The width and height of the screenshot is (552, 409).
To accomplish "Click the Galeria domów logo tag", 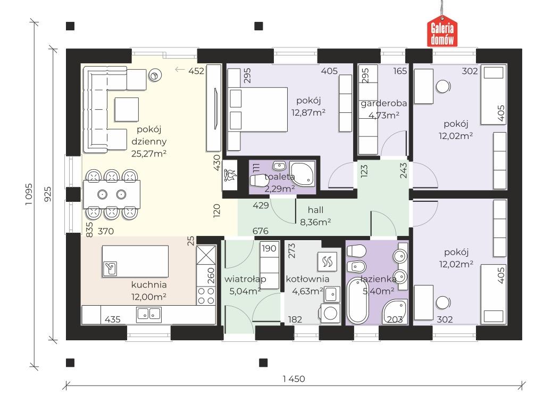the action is [x=442, y=32].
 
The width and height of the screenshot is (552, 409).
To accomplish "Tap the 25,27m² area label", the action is [x=149, y=153].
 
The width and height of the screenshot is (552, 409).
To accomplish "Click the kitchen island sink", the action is [x=110, y=268].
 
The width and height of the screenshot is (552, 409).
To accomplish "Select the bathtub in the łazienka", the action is [x=358, y=300].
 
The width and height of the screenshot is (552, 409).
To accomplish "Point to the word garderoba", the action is [x=384, y=103].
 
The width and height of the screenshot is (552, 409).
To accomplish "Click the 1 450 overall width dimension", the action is [x=294, y=379].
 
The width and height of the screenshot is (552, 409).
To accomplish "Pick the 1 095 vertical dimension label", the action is [x=29, y=194].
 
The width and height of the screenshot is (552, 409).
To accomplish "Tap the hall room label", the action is [x=315, y=210].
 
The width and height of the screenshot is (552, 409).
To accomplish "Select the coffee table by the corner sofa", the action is [x=127, y=110].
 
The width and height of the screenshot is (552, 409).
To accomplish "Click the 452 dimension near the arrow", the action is [x=196, y=71].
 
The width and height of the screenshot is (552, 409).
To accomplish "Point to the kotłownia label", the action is [x=308, y=279].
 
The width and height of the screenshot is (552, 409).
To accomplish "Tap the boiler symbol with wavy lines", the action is [x=328, y=261].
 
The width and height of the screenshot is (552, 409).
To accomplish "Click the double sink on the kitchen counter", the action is [x=149, y=314].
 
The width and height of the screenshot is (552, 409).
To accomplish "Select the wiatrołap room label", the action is [x=245, y=279].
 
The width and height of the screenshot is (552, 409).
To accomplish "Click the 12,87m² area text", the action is [x=308, y=112].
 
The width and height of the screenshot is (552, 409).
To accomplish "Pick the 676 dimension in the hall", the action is [x=261, y=231].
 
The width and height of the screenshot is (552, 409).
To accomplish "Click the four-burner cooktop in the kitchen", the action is [x=206, y=296].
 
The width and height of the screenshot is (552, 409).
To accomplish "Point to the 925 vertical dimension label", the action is [x=47, y=194].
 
